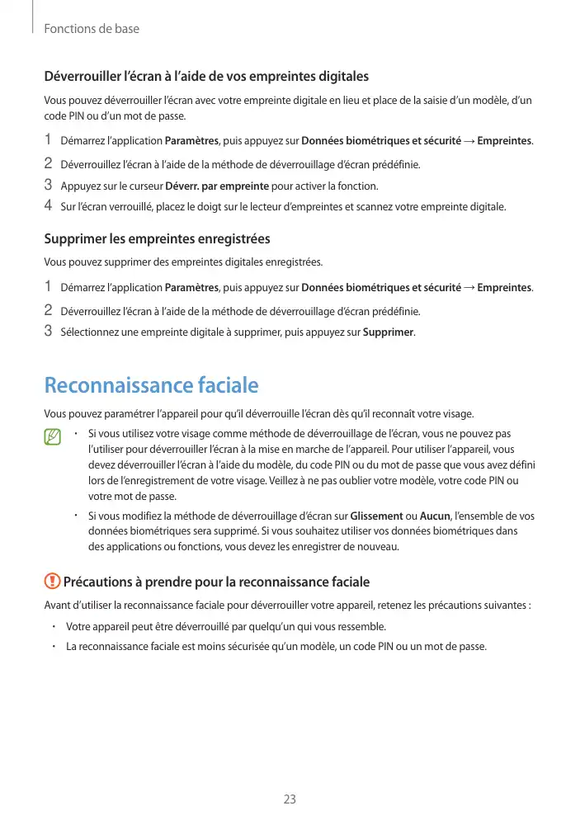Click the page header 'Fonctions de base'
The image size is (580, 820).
point(92,29)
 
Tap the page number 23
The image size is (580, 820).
point(290,799)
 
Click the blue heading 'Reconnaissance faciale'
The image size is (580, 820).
point(151,385)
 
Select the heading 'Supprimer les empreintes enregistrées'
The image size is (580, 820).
point(157,239)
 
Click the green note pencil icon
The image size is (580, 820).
point(54,437)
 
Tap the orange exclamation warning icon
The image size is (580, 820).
point(53,582)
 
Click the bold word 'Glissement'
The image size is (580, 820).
point(377,516)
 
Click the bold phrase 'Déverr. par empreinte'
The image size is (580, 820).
point(217,186)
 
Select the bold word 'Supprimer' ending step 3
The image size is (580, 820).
point(389,332)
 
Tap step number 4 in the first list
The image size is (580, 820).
point(48,205)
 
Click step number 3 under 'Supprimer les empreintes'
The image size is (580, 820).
point(48,332)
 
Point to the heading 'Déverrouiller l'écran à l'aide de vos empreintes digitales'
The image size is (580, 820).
point(206,77)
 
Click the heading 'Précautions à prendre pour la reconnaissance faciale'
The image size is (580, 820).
point(210,582)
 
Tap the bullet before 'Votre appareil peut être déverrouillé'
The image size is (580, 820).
point(52,625)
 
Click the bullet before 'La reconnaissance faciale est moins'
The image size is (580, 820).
point(52,646)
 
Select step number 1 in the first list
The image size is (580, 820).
point(48,139)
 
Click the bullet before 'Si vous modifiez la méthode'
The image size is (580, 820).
point(75,516)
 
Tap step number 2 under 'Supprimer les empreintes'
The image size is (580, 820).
point(48,311)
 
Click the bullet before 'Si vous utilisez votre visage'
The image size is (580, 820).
point(75,433)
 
